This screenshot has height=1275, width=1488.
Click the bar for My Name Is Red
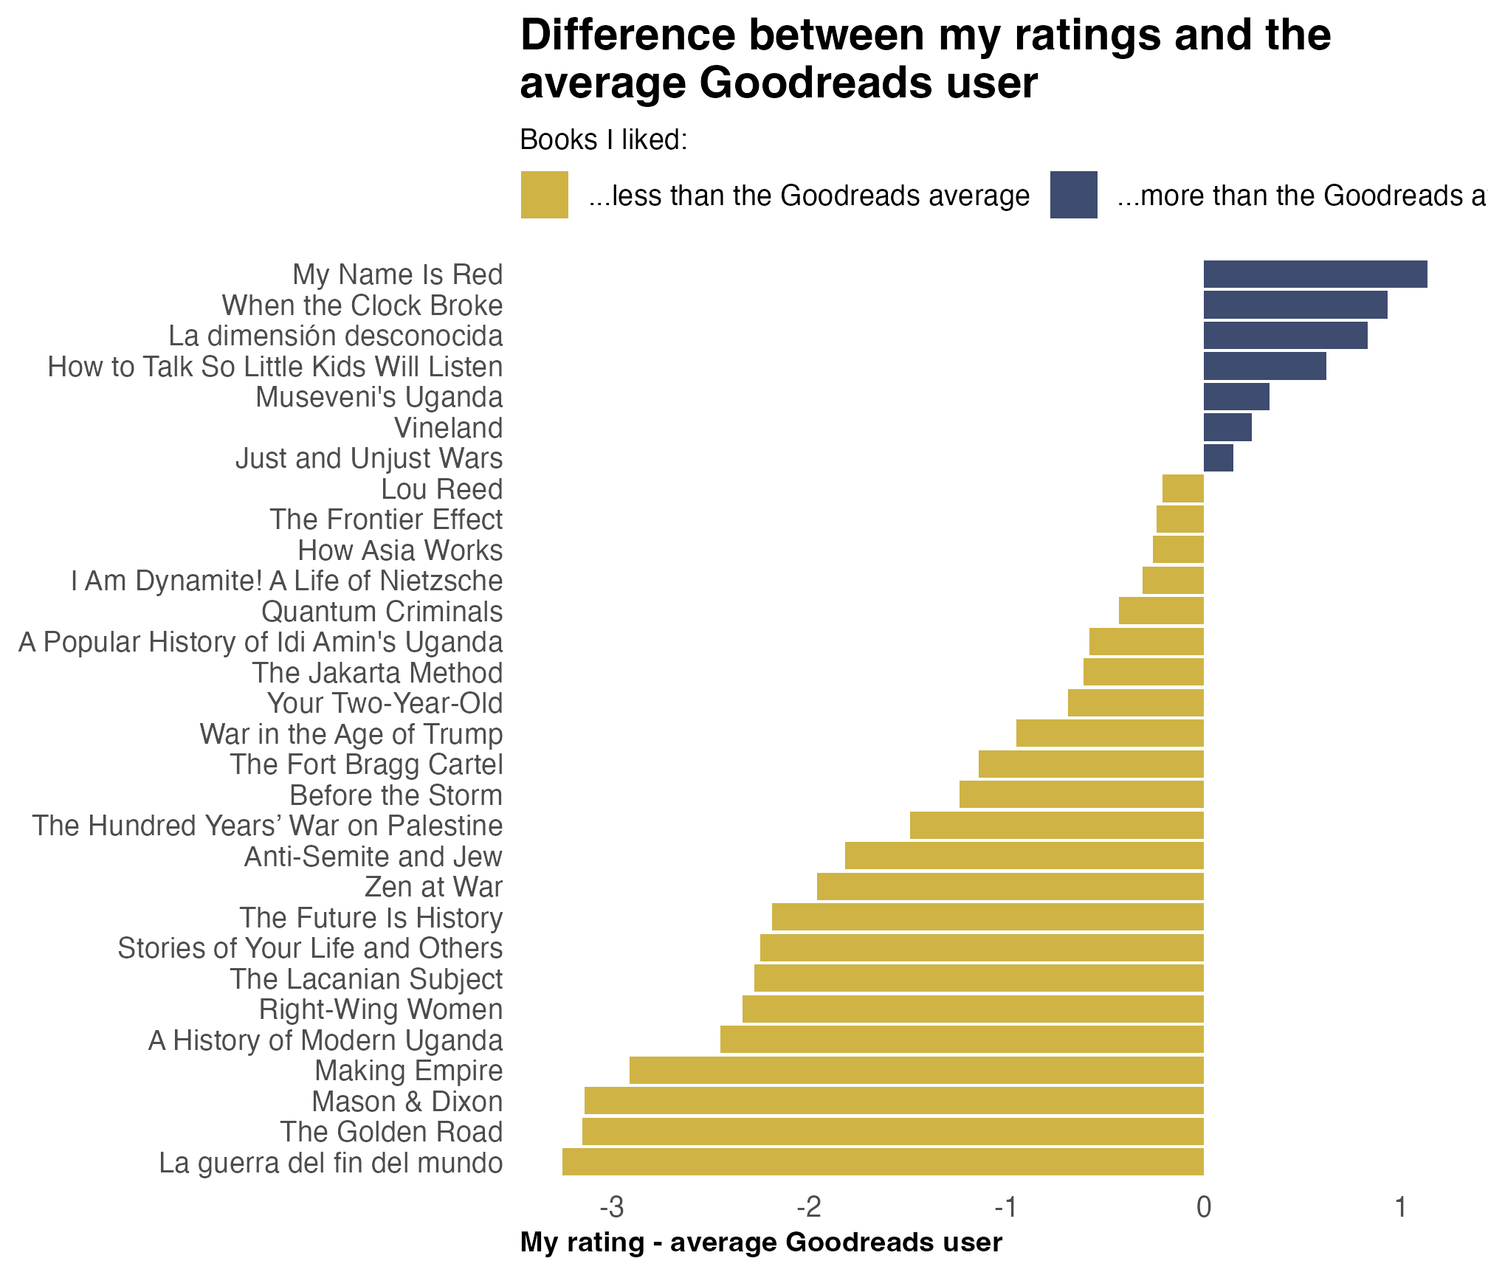[1315, 274]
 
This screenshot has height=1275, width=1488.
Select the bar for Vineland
[1227, 427]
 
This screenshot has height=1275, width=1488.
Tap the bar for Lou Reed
[1182, 488]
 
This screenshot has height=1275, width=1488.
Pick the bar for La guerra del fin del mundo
[883, 1161]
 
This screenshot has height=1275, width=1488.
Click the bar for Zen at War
[1010, 886]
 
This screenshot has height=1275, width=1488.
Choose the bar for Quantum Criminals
[1161, 611]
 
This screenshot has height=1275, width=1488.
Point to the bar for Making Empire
[916, 1070]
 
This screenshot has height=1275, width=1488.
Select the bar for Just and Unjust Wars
[1218, 458]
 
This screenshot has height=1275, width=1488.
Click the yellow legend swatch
[544, 195]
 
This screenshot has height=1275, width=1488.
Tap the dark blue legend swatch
[1073, 195]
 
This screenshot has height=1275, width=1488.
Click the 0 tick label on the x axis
[1203, 1208]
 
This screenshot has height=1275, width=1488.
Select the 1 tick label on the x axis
[1399, 1208]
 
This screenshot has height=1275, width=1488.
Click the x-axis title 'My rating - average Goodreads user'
[761, 1243]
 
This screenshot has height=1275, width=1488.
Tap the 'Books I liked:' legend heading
[604, 139]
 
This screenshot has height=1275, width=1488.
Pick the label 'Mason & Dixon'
[407, 1102]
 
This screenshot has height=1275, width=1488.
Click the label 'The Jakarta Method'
[377, 673]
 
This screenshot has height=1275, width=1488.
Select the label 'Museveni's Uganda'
[379, 397]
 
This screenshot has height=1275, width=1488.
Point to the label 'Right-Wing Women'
[380, 1009]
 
